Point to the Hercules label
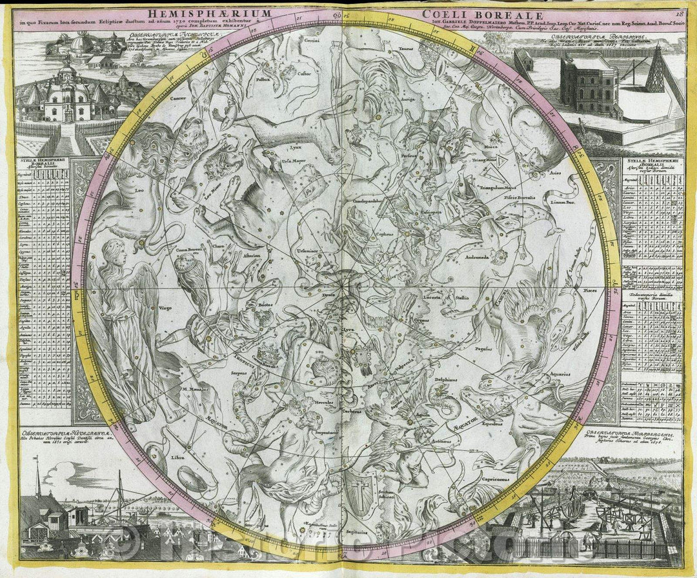click(324, 402)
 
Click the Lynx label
click(295, 147)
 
